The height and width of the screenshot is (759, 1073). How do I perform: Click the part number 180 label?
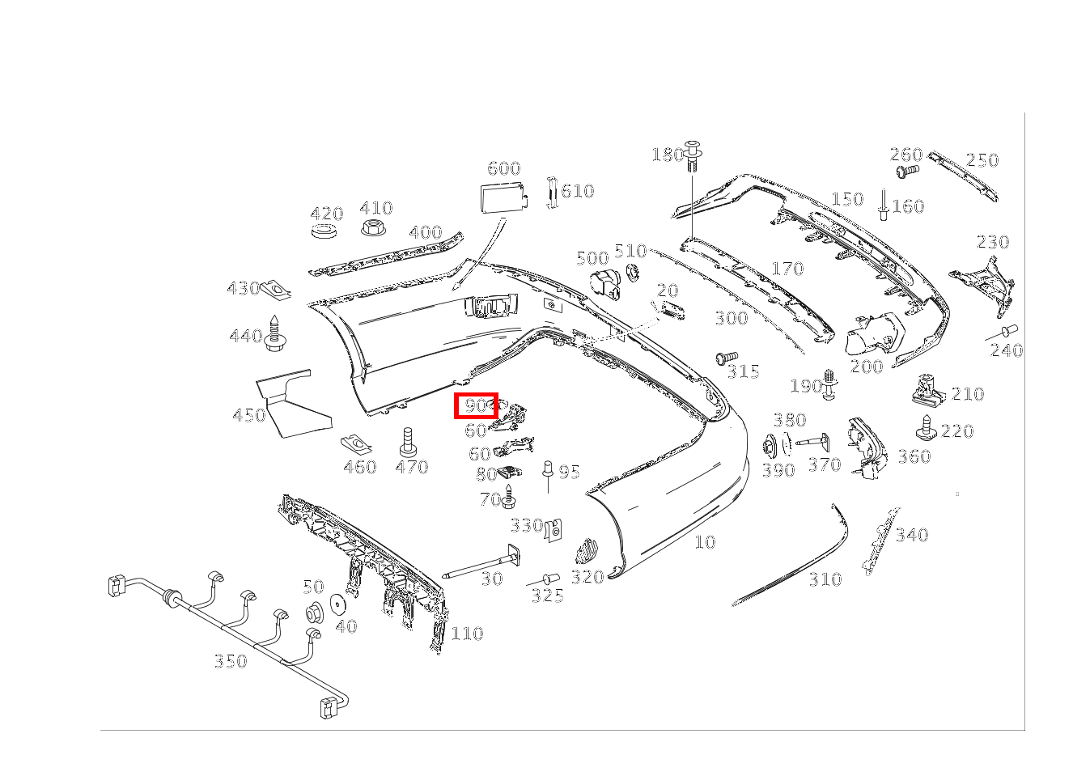pyautogui.click(x=668, y=155)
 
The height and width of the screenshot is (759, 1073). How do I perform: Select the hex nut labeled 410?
pyautogui.click(x=374, y=227)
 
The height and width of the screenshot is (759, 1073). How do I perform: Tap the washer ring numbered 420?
pyautogui.click(x=324, y=231)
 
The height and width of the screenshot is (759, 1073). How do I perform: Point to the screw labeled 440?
pyautogui.click(x=275, y=333)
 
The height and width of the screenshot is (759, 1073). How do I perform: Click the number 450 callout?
pyautogui.click(x=249, y=414)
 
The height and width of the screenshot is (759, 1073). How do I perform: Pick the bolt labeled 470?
pyautogui.click(x=408, y=442)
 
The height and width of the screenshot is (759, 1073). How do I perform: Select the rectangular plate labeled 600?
pyautogui.click(x=503, y=197)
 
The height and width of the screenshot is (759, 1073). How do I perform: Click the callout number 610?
pyautogui.click(x=578, y=191)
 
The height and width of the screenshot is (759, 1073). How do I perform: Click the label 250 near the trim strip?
pyautogui.click(x=982, y=160)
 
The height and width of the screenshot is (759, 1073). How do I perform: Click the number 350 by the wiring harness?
pyautogui.click(x=231, y=661)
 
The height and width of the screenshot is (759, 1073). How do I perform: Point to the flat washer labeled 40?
pyautogui.click(x=339, y=604)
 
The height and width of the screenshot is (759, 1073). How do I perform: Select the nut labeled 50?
pyautogui.click(x=314, y=612)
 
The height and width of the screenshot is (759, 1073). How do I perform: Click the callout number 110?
pyautogui.click(x=467, y=634)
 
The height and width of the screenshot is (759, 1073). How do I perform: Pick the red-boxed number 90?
pyautogui.click(x=476, y=405)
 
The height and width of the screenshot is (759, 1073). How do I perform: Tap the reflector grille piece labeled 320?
pyautogui.click(x=587, y=551)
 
